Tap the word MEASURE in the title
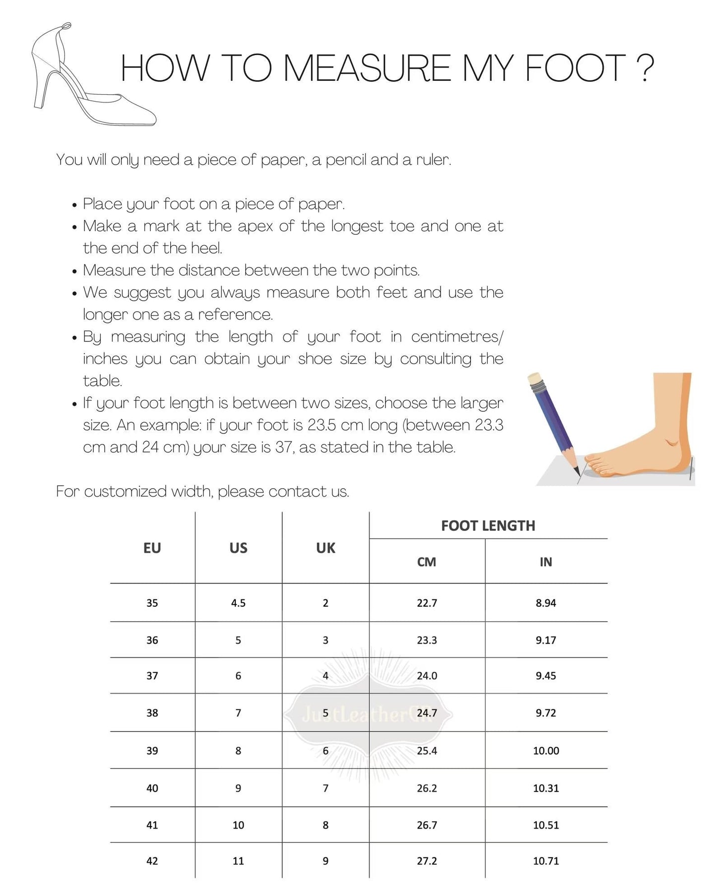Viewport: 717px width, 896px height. point(367,68)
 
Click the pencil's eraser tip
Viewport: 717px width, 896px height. point(535,380)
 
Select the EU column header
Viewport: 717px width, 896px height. point(152,548)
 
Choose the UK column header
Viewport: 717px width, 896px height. point(326,548)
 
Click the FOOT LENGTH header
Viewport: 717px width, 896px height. point(488,526)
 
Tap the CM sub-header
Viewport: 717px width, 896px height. point(427,562)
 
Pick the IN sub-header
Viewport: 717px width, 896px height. point(546,562)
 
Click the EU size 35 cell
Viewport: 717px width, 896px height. point(152,603)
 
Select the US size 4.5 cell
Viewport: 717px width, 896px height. point(238,603)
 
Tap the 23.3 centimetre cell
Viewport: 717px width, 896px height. point(427,640)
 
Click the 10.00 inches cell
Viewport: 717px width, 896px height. point(546,751)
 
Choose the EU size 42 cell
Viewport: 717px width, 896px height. point(152,861)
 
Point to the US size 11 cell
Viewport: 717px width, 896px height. point(238,861)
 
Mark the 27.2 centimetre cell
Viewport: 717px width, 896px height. point(427,861)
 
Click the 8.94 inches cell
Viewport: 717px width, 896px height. point(546,603)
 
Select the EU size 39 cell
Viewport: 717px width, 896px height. point(152,751)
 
